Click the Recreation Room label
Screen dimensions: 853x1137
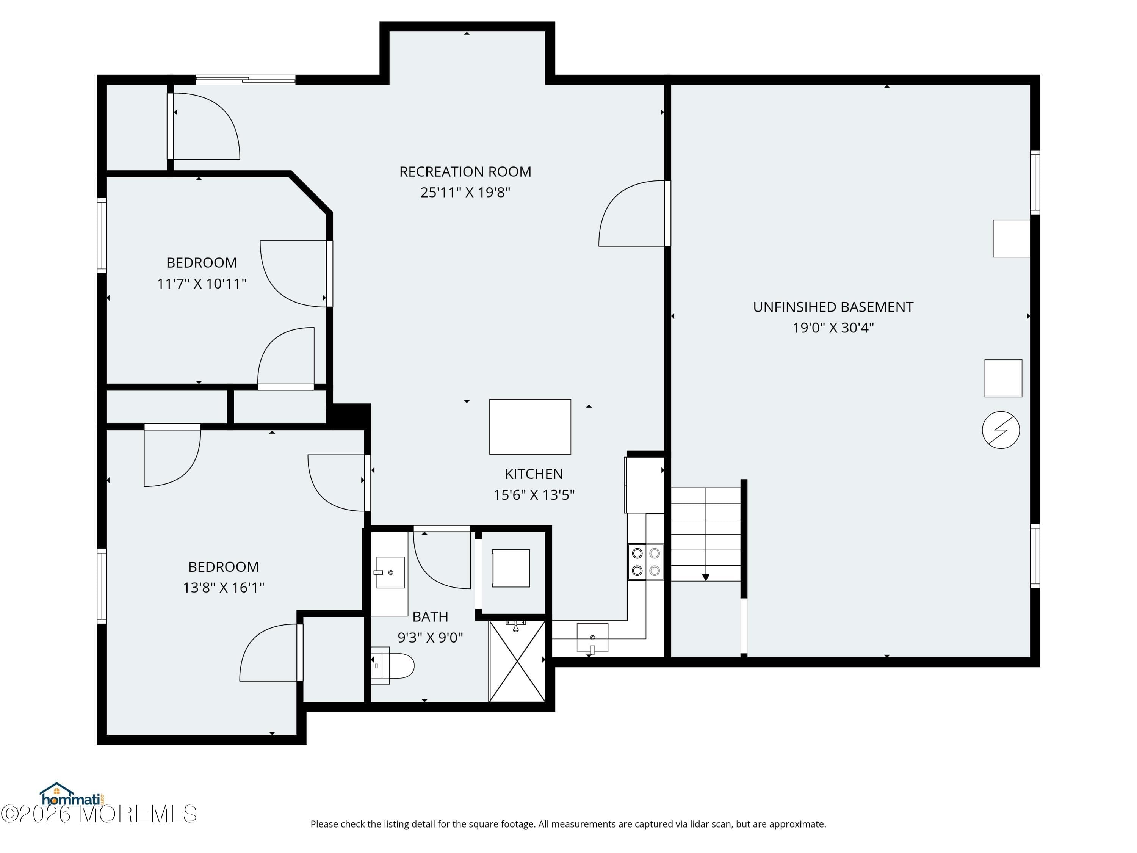click(465, 172)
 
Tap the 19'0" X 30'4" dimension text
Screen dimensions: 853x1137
click(833, 328)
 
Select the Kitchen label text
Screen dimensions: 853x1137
click(534, 474)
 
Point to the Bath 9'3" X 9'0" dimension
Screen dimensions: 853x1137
click(430, 638)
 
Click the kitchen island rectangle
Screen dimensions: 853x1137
click(530, 427)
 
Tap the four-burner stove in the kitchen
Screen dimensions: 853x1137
click(645, 562)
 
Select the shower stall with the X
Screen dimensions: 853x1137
click(517, 661)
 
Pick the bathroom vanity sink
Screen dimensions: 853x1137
click(391, 572)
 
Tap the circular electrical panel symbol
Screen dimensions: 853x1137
click(1001, 430)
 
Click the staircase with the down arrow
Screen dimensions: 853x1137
click(705, 535)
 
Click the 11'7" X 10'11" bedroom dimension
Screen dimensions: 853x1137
click(202, 284)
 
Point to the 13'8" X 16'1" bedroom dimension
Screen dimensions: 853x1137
click(224, 588)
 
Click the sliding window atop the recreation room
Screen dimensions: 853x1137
click(245, 79)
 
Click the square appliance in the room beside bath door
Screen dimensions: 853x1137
click(511, 568)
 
